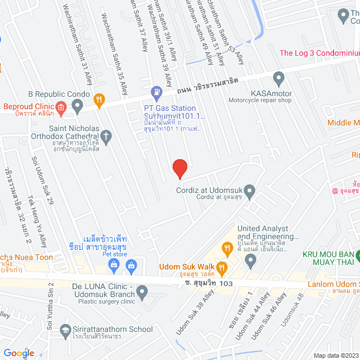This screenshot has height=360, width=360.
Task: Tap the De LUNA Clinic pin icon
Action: [142, 291]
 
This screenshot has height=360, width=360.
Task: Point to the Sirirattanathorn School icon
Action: [66, 330]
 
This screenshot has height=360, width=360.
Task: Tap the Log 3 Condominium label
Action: [319, 53]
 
